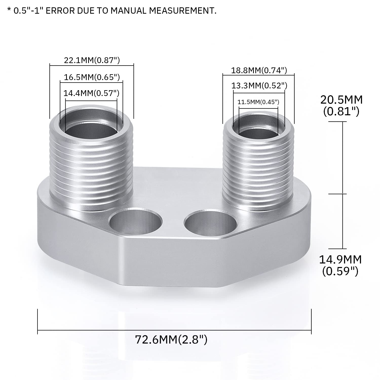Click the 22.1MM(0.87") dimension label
92,60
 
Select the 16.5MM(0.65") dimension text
92,77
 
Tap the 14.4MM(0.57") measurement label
91,93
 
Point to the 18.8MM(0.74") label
259,70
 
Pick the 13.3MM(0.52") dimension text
259,86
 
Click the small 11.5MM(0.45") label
258,102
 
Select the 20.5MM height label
341,105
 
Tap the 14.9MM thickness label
340,265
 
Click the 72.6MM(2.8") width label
171,339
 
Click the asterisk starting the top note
9,10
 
